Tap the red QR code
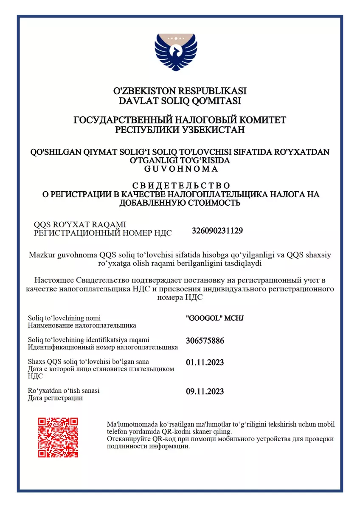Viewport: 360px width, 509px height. (x=58, y=437)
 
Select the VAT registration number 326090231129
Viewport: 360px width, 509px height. (x=217, y=231)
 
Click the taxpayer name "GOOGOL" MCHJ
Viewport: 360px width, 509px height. (x=215, y=318)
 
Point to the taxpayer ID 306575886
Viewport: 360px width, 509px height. (x=205, y=341)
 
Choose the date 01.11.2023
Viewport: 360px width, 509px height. (x=205, y=362)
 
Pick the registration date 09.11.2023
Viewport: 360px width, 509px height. (x=205, y=391)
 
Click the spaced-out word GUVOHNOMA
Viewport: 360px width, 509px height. (x=180, y=169)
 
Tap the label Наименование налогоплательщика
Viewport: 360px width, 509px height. (x=82, y=325)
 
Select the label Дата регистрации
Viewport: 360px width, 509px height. (x=55, y=398)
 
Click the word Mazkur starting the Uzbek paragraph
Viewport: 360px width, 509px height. (x=42, y=255)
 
